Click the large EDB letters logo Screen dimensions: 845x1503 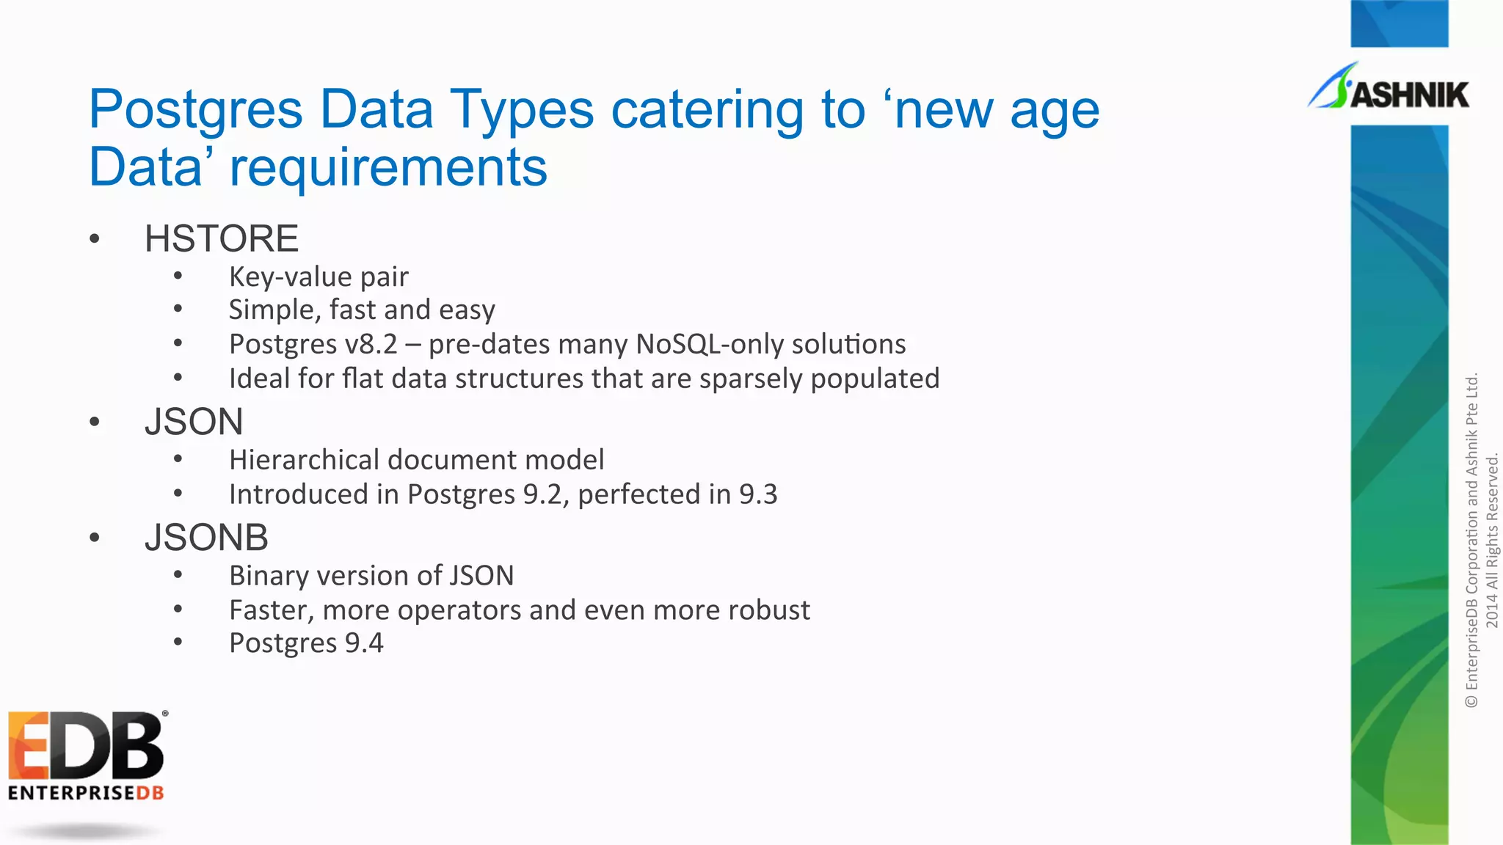tap(86, 745)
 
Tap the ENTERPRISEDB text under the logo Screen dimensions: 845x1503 tap(86, 793)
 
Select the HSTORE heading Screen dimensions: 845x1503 tap(221, 238)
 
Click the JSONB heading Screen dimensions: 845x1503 tap(206, 537)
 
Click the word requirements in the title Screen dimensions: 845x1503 tap(388, 167)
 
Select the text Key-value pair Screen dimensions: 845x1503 tap(319, 277)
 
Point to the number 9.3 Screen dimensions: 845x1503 tap(758, 494)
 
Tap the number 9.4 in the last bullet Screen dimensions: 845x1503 tap(364, 643)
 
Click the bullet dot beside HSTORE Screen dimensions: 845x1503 tap(94, 239)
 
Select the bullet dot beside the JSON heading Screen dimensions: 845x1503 tap(94, 422)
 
